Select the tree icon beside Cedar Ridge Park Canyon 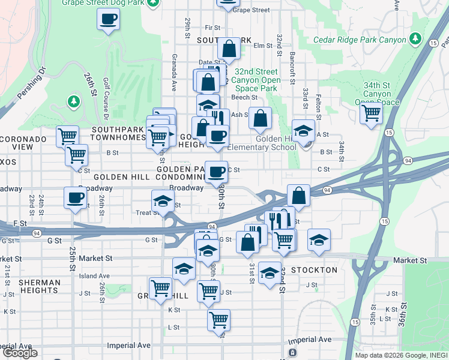coord(415,40)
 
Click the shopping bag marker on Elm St coord(229,49)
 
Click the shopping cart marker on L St coord(218,319)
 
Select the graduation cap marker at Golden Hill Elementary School coord(304,131)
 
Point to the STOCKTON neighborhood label coord(314,270)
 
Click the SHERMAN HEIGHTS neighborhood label coord(39,286)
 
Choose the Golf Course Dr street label coord(105,89)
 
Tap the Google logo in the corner coord(20,353)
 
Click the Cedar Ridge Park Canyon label coord(360,40)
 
